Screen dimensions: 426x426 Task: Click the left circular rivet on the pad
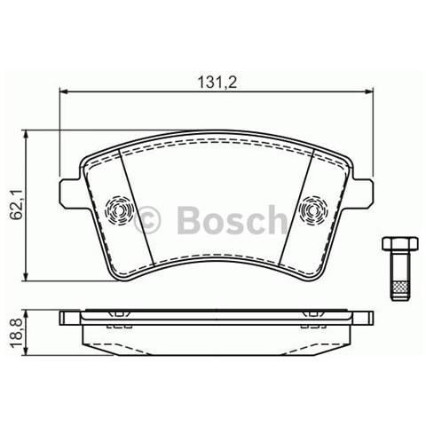pos(117,211)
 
